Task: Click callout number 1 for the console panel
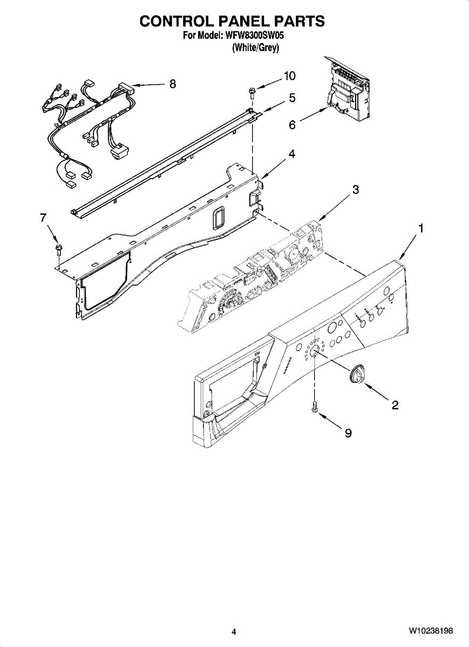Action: (x=421, y=229)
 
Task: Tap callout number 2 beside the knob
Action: (x=395, y=405)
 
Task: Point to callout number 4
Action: (x=291, y=154)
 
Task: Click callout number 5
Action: (x=292, y=98)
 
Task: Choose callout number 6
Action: (x=292, y=125)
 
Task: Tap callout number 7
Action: (x=43, y=217)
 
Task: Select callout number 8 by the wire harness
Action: (x=173, y=84)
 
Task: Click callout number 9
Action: (x=348, y=432)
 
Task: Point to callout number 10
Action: (x=290, y=76)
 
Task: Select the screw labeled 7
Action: (x=57, y=249)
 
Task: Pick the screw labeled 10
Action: (x=252, y=93)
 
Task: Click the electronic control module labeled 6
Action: (x=349, y=90)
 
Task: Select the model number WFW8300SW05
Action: (x=254, y=37)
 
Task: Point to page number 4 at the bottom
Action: (x=234, y=631)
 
